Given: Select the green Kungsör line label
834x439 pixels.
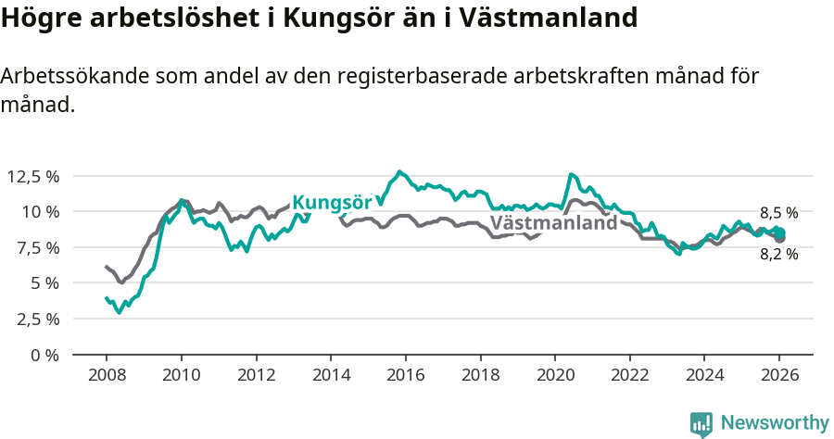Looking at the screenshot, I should click(332, 203).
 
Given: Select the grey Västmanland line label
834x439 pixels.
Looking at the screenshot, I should click(553, 223).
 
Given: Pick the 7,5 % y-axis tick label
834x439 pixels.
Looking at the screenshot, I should click(36, 247).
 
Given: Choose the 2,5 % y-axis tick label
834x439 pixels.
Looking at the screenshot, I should click(36, 319).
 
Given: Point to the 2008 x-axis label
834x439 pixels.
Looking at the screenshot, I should click(107, 375).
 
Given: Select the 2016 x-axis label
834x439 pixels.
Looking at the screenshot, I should click(406, 375).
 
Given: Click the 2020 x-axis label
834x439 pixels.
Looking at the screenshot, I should click(555, 375).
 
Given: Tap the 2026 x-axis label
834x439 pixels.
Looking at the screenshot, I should click(779, 375).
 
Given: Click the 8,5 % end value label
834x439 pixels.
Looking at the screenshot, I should click(778, 212).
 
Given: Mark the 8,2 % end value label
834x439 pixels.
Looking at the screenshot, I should click(778, 254).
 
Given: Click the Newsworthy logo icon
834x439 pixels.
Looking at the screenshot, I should click(701, 423).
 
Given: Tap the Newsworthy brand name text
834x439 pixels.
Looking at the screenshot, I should click(774, 423).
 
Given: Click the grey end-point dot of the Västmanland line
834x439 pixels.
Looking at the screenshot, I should click(779, 239).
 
